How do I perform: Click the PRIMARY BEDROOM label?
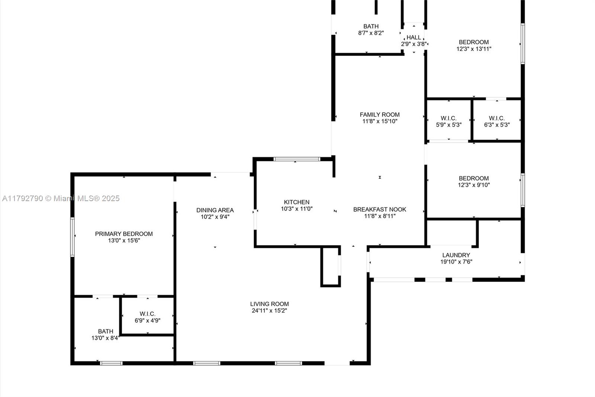click(x=124, y=234)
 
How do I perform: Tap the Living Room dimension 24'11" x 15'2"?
click(x=269, y=311)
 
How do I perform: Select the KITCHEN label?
click(x=296, y=202)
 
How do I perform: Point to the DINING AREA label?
click(x=215, y=210)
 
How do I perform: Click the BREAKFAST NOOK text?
click(x=379, y=209)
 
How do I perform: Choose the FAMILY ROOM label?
click(x=379, y=115)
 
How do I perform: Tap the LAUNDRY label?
click(x=456, y=255)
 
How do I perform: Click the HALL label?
click(x=414, y=37)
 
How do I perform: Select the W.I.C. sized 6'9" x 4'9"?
click(x=148, y=317)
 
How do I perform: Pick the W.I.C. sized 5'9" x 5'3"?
click(x=448, y=122)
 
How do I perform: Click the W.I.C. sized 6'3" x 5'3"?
click(x=496, y=122)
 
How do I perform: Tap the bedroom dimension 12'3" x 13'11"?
click(x=474, y=49)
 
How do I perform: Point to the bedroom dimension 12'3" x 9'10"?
click(x=474, y=185)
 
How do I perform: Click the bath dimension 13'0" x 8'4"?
click(x=105, y=338)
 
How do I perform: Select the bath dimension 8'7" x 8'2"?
click(x=371, y=33)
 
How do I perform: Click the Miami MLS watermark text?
click(x=61, y=198)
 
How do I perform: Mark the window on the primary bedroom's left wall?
click(x=73, y=237)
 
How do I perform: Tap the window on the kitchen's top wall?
click(x=296, y=159)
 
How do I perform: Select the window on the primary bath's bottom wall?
click(x=111, y=363)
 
